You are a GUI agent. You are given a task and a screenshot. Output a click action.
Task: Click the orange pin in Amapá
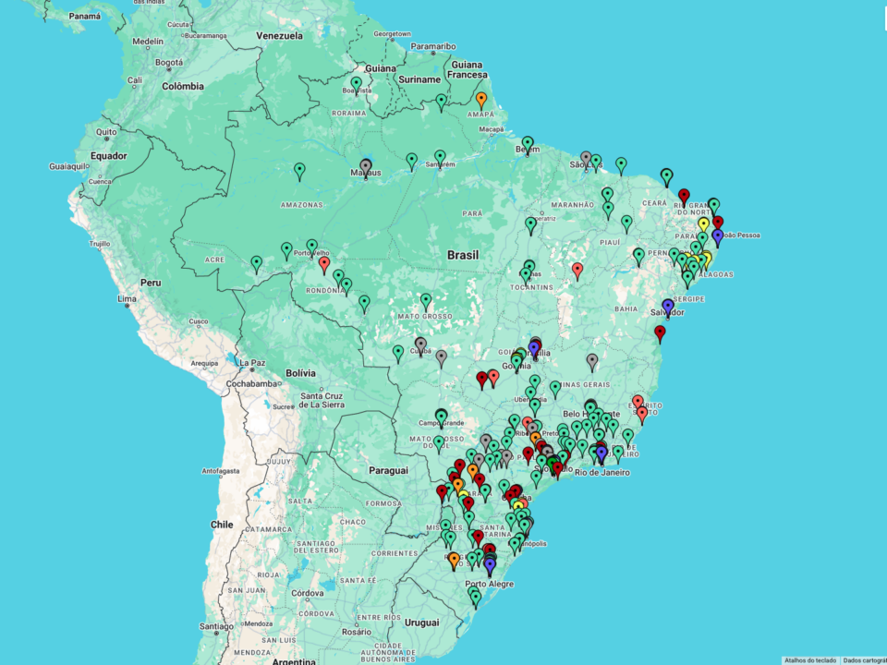pyautogui.click(x=480, y=98)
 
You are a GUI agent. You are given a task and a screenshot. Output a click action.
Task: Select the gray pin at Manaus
pyautogui.click(x=365, y=166)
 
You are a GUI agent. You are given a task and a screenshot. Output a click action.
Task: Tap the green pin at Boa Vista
pyautogui.click(x=356, y=83)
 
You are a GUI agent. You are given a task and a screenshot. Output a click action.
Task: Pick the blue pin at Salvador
pyautogui.click(x=667, y=306)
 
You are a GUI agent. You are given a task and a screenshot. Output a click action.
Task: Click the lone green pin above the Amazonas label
pyautogui.click(x=299, y=170)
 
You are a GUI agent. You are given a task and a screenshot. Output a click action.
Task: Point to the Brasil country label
pyautogui.click(x=463, y=255)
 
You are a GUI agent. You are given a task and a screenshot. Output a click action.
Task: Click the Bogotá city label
pyautogui.click(x=169, y=63)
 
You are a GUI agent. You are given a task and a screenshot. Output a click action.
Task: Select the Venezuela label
pyautogui.click(x=279, y=36)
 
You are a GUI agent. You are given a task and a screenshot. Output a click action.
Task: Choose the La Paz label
pyautogui.click(x=252, y=362)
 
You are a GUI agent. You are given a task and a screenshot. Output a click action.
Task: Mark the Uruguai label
pyautogui.click(x=422, y=623)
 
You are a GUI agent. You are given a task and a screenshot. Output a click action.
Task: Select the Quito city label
pyautogui.click(x=106, y=132)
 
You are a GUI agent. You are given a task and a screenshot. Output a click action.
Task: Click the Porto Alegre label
pyautogui.click(x=489, y=584)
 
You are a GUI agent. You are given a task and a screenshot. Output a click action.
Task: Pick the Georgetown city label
pyautogui.click(x=392, y=34)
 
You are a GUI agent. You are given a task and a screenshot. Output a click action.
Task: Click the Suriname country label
pyautogui.click(x=419, y=79)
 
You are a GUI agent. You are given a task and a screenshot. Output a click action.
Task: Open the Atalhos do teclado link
pyautogui.click(x=809, y=660)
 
